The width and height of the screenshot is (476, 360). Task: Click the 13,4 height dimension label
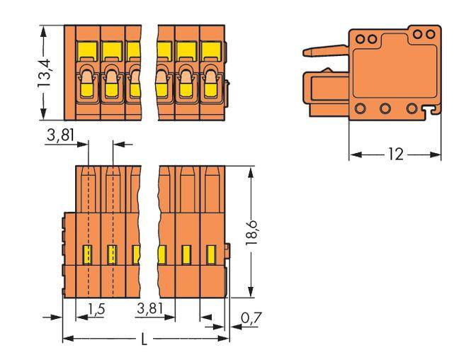(x=44, y=73)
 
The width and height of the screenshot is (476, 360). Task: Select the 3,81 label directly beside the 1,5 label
(x=153, y=308)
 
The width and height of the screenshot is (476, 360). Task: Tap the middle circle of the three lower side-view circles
(x=387, y=109)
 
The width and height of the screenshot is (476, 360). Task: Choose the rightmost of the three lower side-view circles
(x=413, y=109)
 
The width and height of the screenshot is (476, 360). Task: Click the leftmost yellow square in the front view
(x=87, y=50)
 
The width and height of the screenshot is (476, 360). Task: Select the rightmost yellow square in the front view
(x=211, y=50)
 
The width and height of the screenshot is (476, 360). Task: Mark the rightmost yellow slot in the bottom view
(x=210, y=253)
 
